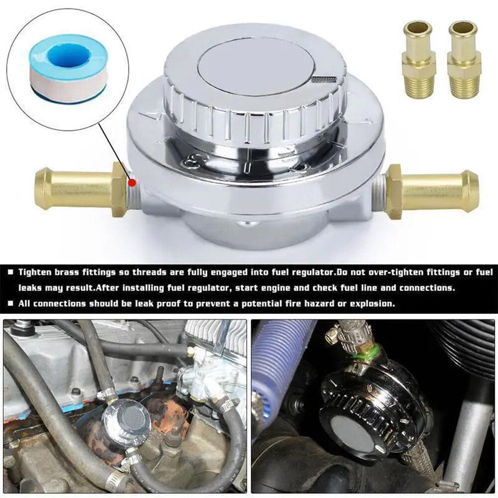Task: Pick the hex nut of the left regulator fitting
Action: click(120, 189)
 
